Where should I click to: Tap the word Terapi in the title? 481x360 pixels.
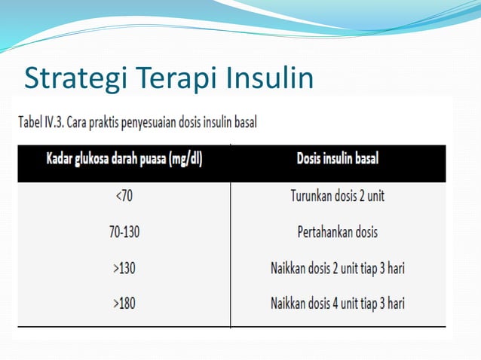pos(174,78)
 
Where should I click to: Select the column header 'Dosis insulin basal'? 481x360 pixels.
pos(337,160)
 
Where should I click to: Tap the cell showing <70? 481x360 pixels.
pos(124,196)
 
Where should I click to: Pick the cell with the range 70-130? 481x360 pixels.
pos(124,231)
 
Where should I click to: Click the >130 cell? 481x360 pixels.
pos(124,267)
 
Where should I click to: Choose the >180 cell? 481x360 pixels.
pos(124,304)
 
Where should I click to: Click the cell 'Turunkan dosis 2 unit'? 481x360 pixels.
pos(337,196)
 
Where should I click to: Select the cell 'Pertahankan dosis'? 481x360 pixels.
pos(337,231)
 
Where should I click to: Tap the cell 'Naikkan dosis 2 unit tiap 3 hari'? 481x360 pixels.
pos(337,267)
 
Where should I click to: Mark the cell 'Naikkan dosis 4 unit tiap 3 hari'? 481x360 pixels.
pos(337,304)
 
